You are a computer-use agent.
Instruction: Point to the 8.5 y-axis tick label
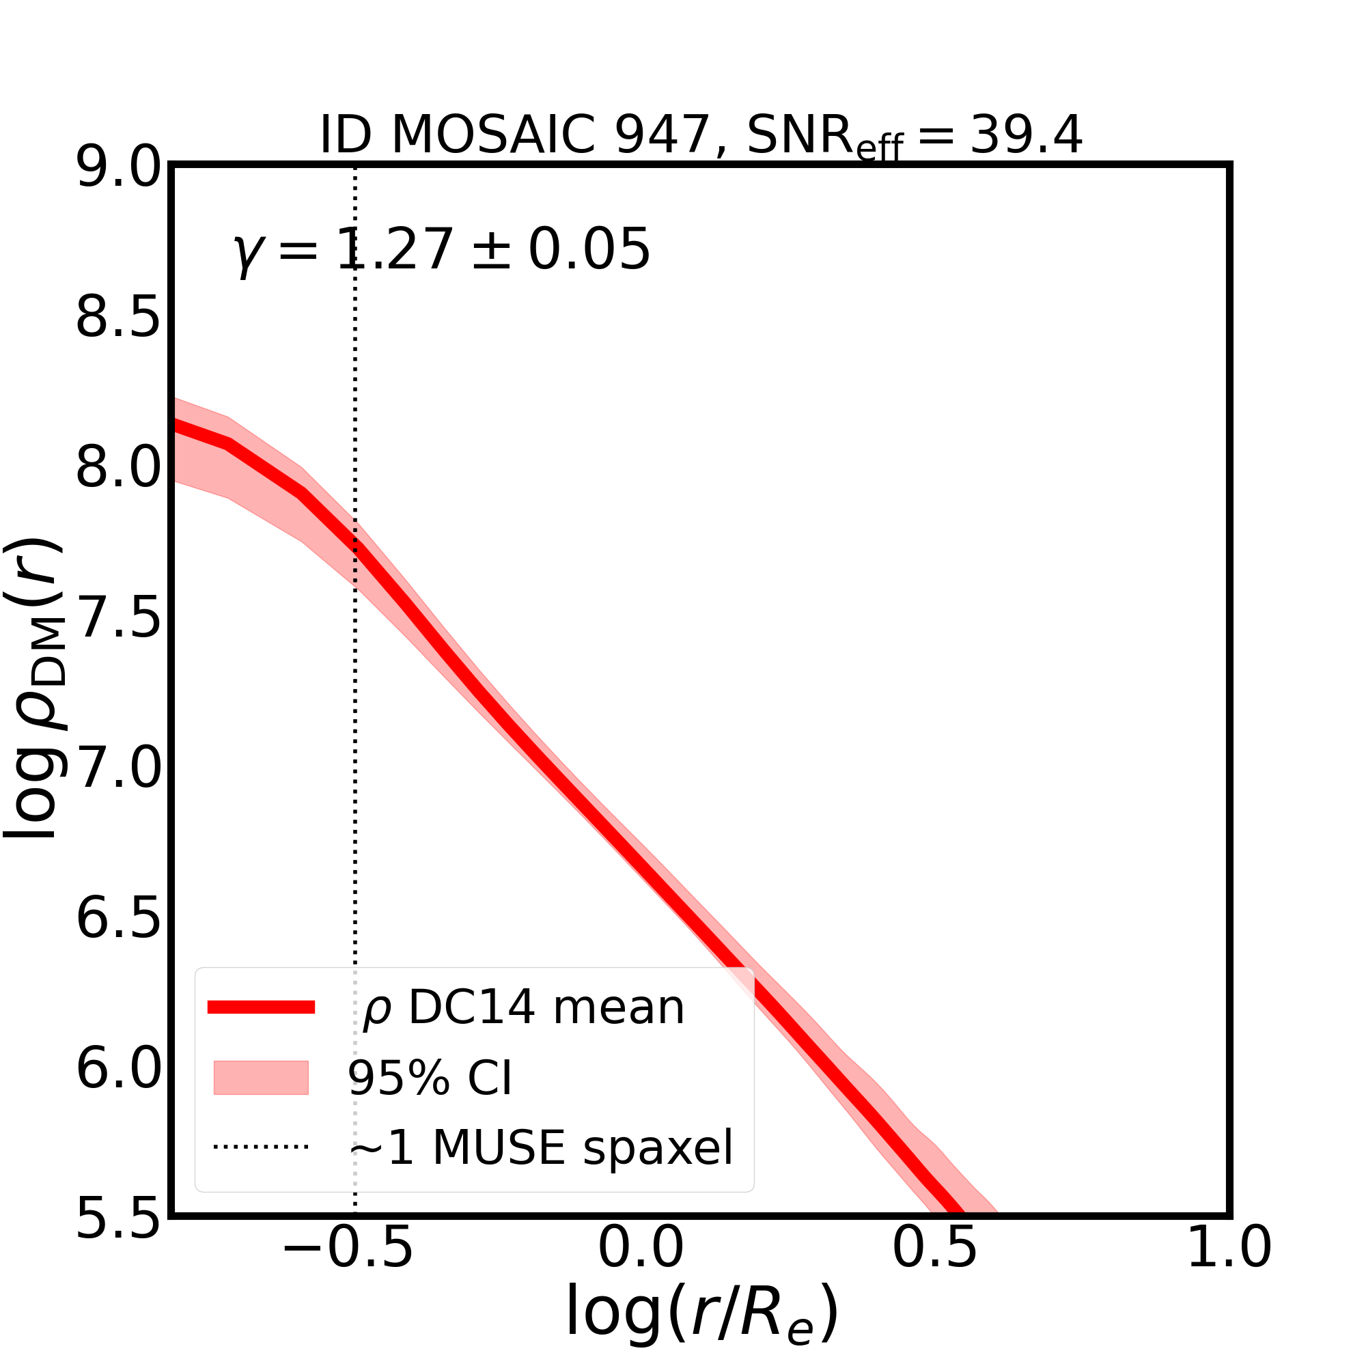tap(118, 319)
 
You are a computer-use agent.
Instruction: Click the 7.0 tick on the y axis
tap(118, 769)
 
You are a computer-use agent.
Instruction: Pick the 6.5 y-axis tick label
tap(118, 920)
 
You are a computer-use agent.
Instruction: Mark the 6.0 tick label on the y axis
tap(118, 1070)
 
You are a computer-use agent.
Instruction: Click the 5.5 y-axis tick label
tap(118, 1221)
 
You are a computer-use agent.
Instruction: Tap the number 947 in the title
tap(662, 135)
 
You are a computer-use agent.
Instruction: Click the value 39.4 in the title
tap(1025, 135)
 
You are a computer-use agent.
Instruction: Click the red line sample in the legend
tap(261, 1007)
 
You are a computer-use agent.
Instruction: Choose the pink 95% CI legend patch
tap(261, 1078)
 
